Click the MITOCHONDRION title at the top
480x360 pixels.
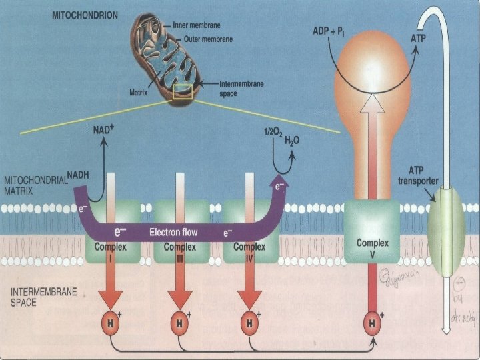85,13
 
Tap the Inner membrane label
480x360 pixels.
196,25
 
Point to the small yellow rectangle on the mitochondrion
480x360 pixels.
183,92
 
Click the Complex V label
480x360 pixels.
372,248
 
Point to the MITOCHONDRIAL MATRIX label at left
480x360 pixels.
37,185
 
